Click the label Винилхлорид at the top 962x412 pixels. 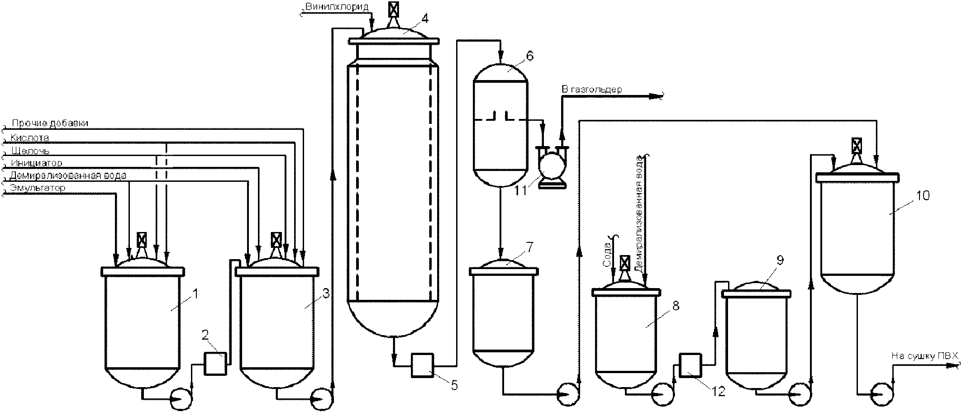[337, 7]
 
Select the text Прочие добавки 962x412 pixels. [50, 123]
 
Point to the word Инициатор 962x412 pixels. [36, 163]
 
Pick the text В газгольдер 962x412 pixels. [591, 89]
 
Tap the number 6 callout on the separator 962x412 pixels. [530, 56]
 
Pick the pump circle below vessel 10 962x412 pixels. [881, 392]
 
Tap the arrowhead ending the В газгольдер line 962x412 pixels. [656, 95]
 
